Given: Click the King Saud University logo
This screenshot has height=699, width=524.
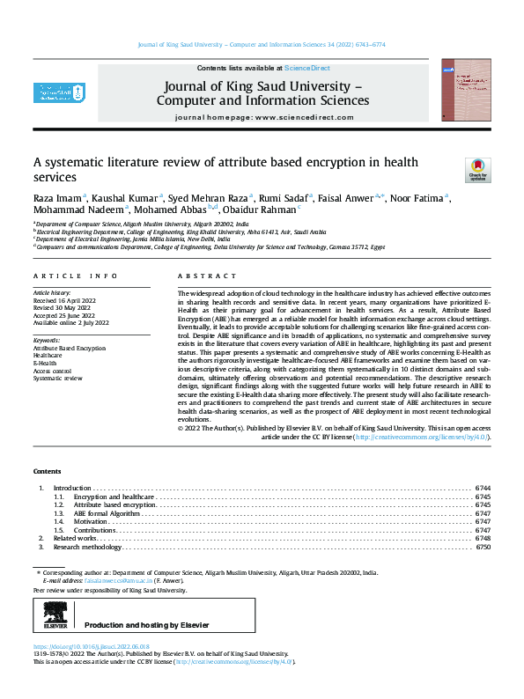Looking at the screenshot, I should (x=59, y=92).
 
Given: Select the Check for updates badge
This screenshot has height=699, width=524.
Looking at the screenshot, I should (x=476, y=169).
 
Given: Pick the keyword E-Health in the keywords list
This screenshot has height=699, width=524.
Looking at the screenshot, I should (x=45, y=363).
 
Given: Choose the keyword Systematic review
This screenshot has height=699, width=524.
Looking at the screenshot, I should (x=57, y=377).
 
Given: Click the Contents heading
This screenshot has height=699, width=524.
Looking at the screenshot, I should (x=48, y=472).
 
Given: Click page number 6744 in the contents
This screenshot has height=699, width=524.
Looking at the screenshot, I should (x=483, y=487).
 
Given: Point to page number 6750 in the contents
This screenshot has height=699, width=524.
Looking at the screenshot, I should (x=483, y=547).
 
